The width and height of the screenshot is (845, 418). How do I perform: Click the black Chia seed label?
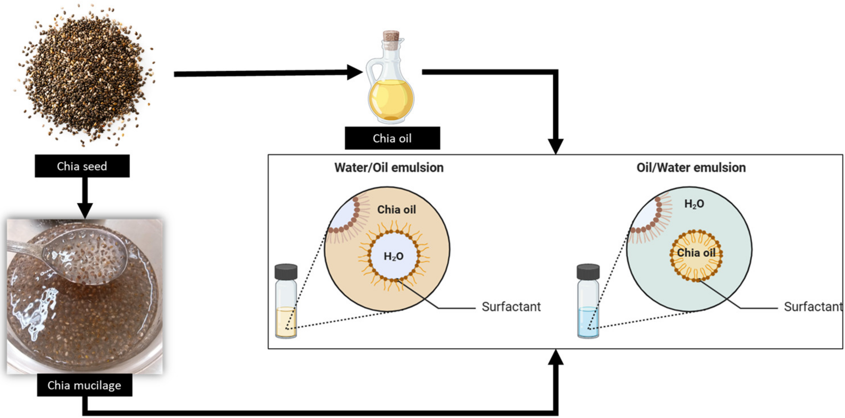tap(82, 166)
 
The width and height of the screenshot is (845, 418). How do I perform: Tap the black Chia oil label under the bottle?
tap(392, 138)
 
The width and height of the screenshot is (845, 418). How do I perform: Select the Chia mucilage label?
tap(84, 385)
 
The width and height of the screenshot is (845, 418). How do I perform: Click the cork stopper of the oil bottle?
tap(391, 36)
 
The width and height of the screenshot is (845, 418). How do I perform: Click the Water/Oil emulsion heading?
tap(389, 168)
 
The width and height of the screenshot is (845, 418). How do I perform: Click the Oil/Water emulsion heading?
tap(691, 168)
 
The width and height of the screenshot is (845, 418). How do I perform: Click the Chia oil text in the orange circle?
tap(396, 210)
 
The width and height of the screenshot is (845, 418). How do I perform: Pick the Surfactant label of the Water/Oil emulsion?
tap(511, 307)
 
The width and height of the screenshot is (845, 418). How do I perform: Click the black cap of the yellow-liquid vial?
tap(286, 272)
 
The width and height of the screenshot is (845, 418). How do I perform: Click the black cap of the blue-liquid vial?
tap(588, 272)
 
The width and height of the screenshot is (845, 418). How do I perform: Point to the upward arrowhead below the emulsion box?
tap(555, 358)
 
